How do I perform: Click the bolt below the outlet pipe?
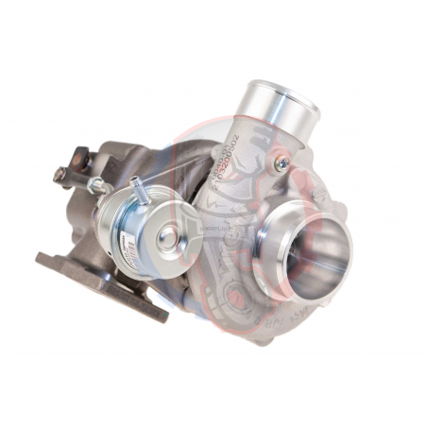coord(280,163)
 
